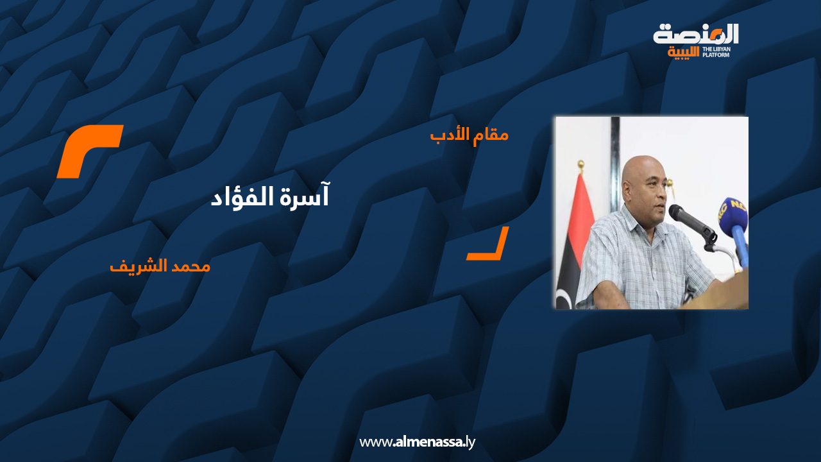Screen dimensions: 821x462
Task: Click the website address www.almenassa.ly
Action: (x=417, y=442)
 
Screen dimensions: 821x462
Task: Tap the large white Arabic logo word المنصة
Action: (x=695, y=34)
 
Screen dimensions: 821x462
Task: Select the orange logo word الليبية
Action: (x=683, y=53)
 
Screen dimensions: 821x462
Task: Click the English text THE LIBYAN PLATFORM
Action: (x=716, y=53)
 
